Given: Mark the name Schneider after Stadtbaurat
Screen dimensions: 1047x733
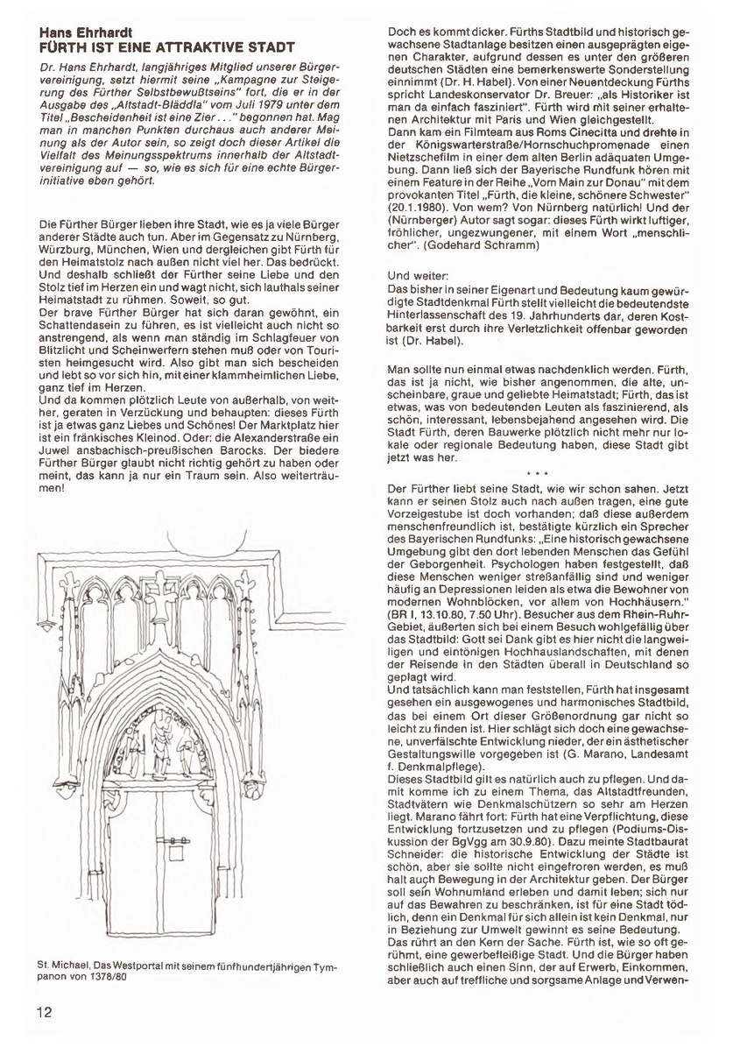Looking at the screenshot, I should pos(416,849).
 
